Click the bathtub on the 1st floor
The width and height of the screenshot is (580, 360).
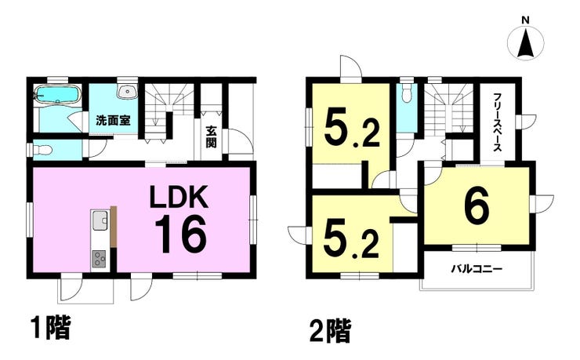coord(57,95)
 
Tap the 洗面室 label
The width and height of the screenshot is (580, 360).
coord(113,121)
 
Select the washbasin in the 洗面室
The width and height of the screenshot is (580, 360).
coord(127,91)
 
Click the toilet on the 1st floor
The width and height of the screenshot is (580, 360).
coord(42,151)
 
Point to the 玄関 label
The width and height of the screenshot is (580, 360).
coord(211,137)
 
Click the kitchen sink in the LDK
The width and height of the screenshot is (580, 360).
coord(100,220)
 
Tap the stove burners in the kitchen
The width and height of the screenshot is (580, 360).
coord(99,258)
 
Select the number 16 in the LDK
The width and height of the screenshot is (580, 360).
coord(180,235)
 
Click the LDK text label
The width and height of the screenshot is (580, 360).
coord(179,197)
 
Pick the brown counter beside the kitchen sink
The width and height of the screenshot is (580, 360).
coord(114,227)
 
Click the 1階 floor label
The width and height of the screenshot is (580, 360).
coord(50,328)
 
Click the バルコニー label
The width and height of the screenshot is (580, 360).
coord(477,268)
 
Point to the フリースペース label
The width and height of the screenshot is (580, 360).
coord(497,122)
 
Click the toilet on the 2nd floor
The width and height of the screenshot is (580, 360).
coord(407,93)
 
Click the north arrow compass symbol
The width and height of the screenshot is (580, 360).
coord(525,43)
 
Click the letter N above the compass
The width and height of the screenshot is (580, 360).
coord(525,20)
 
